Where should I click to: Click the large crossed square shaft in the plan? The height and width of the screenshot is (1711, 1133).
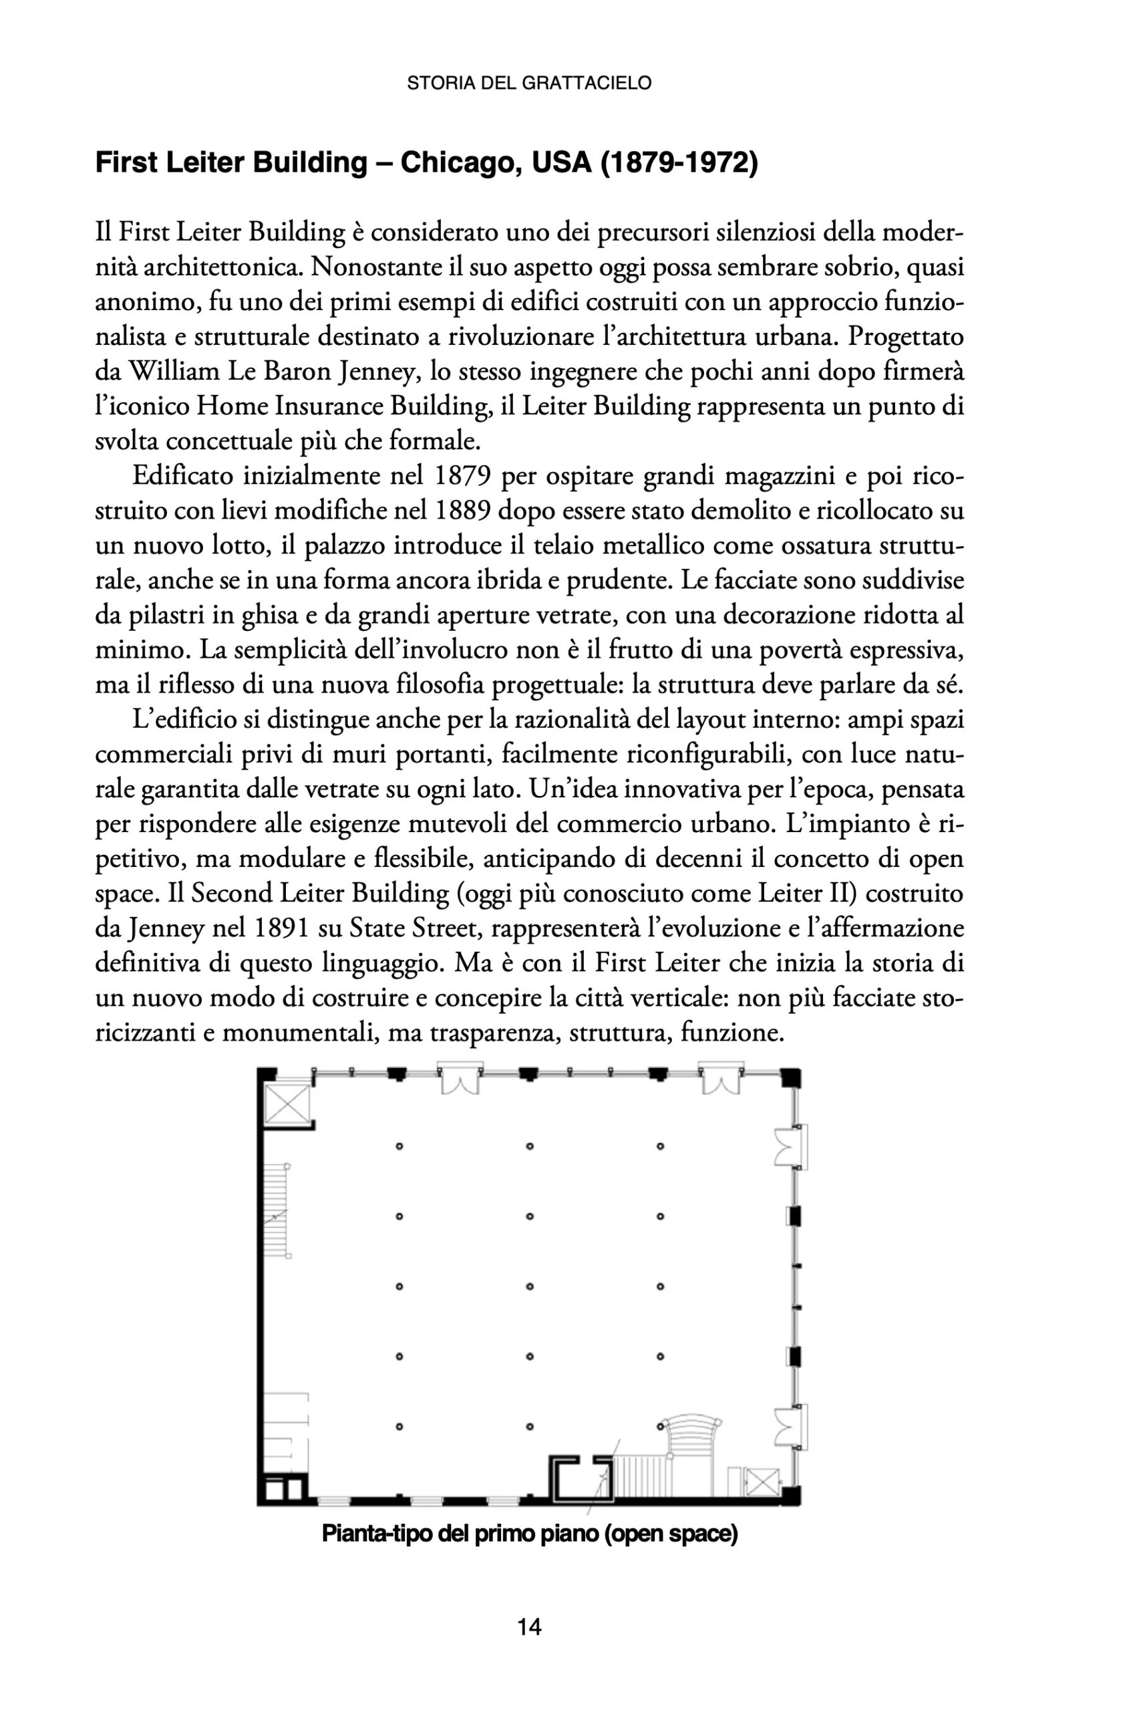[x=287, y=1105]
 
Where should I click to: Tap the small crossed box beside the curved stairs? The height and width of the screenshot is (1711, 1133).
[x=762, y=1481]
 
